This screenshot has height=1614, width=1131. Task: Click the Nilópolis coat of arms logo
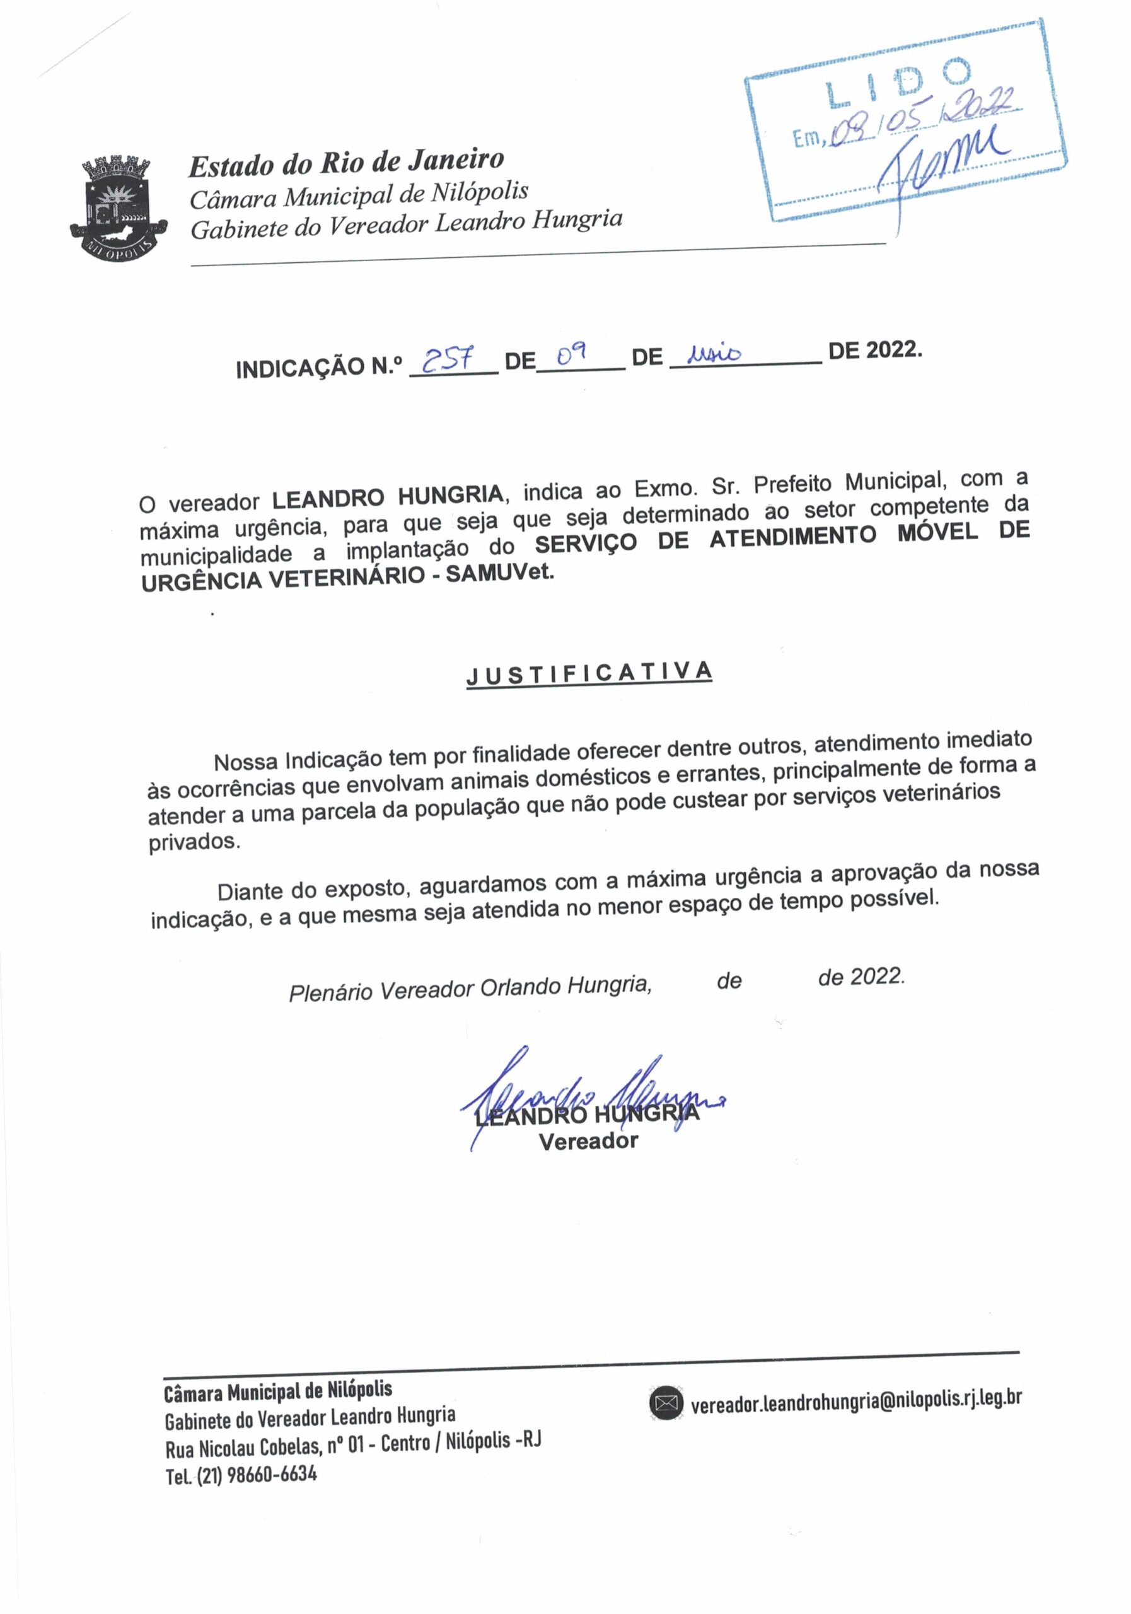tap(117, 208)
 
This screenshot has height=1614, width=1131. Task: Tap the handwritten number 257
tap(448, 361)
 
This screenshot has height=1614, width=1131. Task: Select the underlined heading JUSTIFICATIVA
tap(589, 673)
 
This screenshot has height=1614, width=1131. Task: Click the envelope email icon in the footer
tap(665, 1403)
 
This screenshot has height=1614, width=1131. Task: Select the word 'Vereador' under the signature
tap(588, 1142)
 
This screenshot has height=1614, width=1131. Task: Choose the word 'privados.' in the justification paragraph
tap(194, 842)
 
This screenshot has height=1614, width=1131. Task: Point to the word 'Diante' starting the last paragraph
tap(250, 891)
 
